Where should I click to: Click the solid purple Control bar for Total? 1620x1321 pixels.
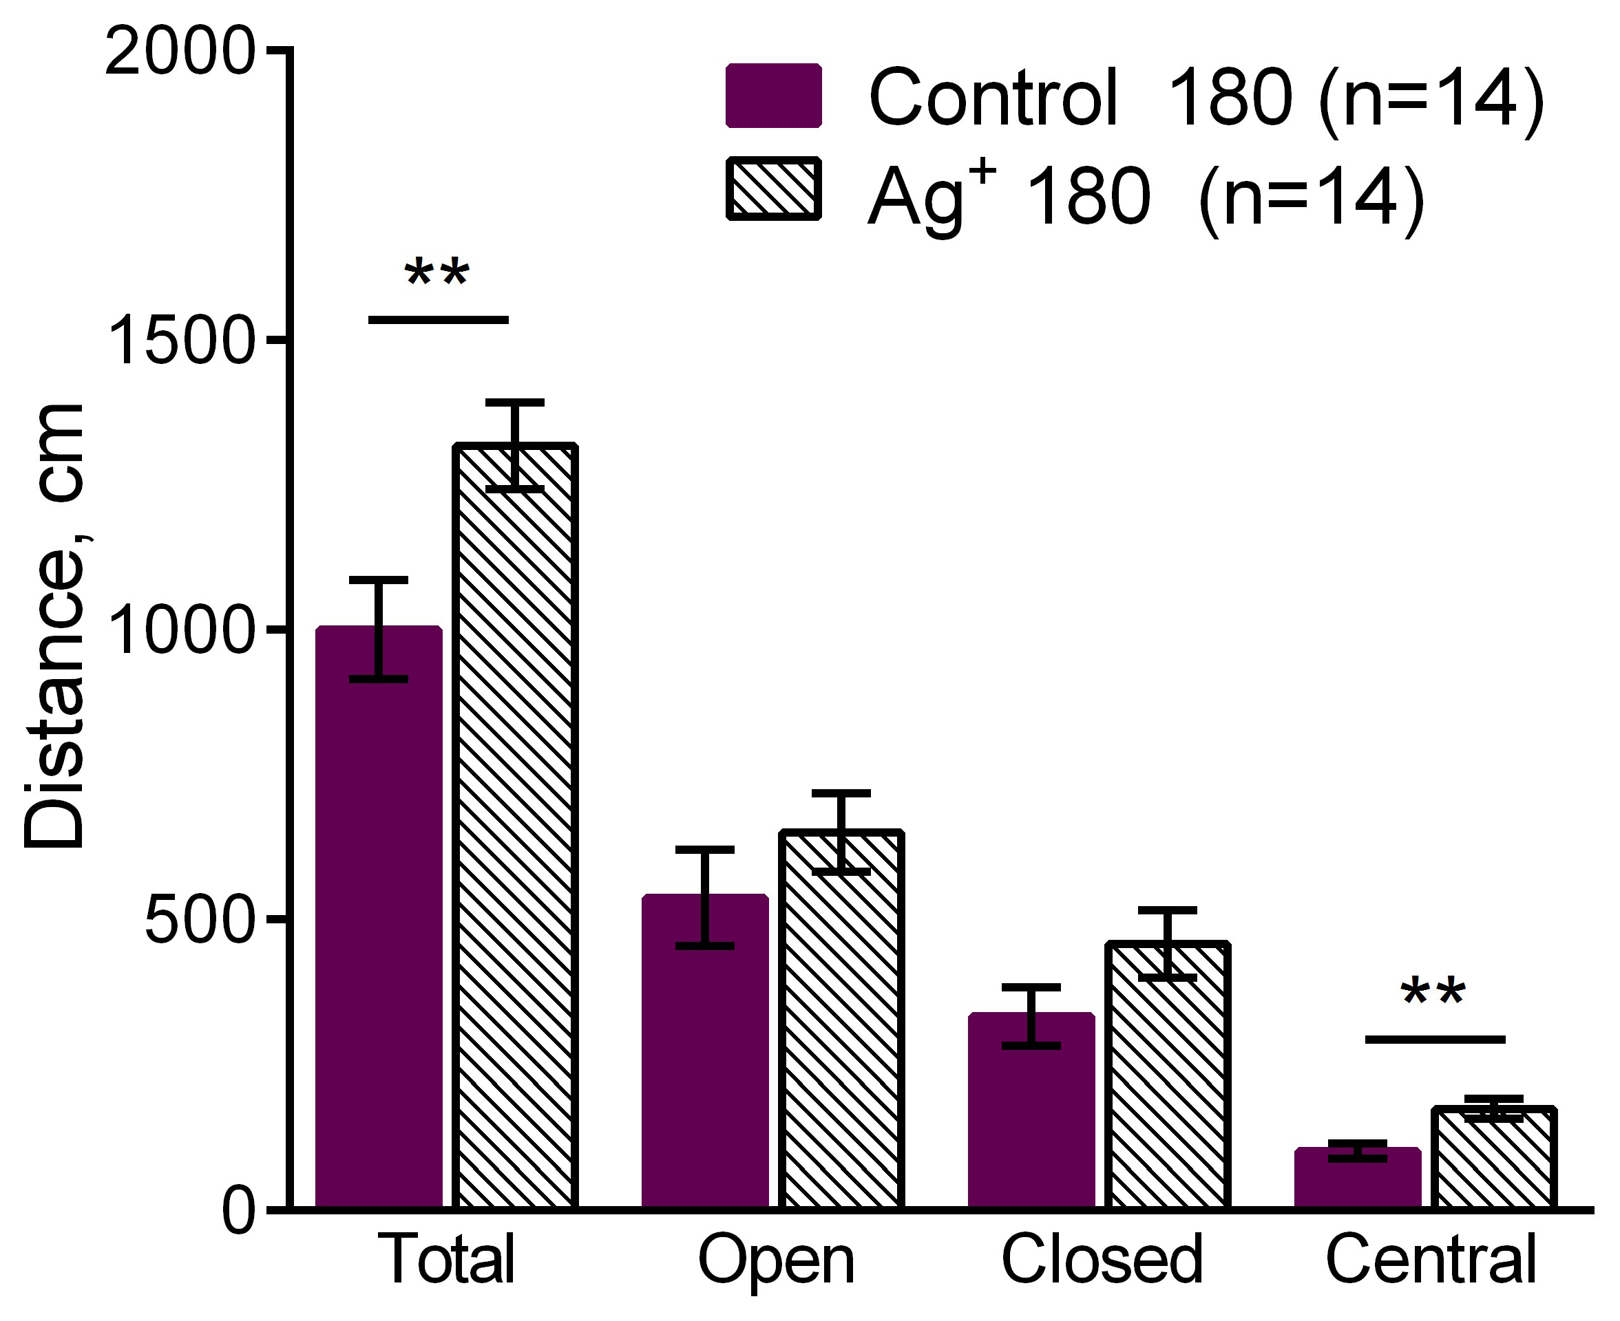(379, 951)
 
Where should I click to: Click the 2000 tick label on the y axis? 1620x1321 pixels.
(180, 53)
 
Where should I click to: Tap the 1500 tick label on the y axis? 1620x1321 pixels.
(180, 343)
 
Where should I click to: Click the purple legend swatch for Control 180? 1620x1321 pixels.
(773, 96)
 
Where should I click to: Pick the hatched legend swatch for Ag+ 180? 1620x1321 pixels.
(773, 189)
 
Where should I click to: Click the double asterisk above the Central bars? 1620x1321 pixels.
(1433, 993)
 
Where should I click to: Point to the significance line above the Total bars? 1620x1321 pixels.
(439, 320)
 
